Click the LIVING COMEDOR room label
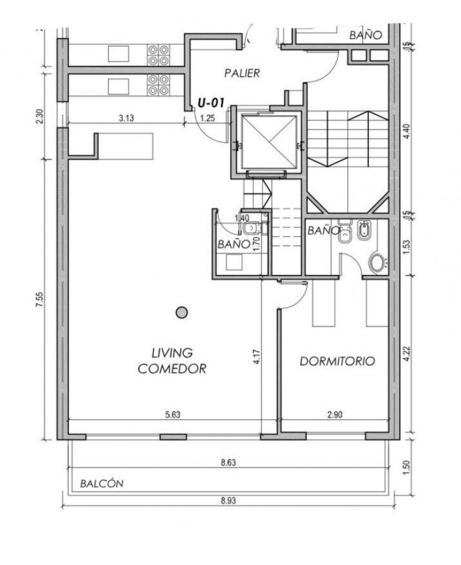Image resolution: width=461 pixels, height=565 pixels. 173,360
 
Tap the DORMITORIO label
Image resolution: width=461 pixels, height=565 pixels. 337,361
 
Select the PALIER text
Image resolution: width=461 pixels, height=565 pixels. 242,73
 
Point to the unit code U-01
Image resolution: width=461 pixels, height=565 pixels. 211,103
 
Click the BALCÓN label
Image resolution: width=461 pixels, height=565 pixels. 102,484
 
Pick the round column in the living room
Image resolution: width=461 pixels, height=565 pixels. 182,312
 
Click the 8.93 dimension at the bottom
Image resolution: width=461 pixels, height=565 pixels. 228,501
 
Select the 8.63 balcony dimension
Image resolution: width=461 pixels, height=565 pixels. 228,462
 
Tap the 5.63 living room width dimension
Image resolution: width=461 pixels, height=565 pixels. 173,415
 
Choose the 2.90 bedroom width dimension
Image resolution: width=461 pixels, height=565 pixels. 335,415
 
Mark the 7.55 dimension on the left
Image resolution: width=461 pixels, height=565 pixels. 40,299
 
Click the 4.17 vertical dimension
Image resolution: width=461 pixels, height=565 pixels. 256,356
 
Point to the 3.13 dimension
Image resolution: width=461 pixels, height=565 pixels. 127,118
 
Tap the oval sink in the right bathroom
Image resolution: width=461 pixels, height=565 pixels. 377,263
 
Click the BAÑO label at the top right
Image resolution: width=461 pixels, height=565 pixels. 365,35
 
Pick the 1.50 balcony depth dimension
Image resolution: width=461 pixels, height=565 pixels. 407,467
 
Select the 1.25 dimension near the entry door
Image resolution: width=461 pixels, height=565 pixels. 207,118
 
